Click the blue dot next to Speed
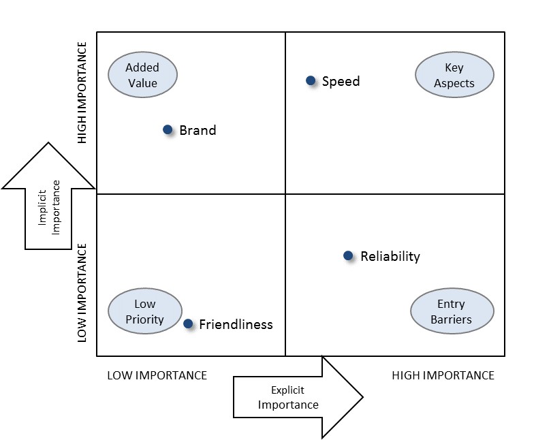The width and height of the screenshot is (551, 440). click(x=311, y=81)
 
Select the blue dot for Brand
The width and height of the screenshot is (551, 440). click(x=168, y=129)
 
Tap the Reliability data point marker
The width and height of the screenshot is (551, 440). click(x=348, y=256)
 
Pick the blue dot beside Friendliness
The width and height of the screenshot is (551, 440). click(x=188, y=324)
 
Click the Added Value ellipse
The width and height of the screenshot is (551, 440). click(x=142, y=75)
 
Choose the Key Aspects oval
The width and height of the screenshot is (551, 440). click(x=454, y=75)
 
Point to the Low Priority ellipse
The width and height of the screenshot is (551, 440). click(x=145, y=312)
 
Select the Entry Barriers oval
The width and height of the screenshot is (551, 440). click(x=451, y=312)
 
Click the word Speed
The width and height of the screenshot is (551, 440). click(x=341, y=82)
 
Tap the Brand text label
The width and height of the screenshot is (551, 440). click(x=198, y=130)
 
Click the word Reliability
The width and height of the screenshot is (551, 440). click(x=390, y=257)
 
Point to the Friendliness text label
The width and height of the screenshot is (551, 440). click(x=236, y=325)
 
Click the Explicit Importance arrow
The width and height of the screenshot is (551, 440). click(x=298, y=398)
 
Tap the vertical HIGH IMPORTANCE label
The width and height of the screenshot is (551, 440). click(x=82, y=93)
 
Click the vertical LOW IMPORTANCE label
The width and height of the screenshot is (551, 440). click(x=82, y=292)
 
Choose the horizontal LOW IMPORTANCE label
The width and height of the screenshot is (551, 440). click(x=157, y=375)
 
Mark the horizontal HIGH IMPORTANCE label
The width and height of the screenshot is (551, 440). click(x=443, y=375)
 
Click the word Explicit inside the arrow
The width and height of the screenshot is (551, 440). click(x=287, y=390)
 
